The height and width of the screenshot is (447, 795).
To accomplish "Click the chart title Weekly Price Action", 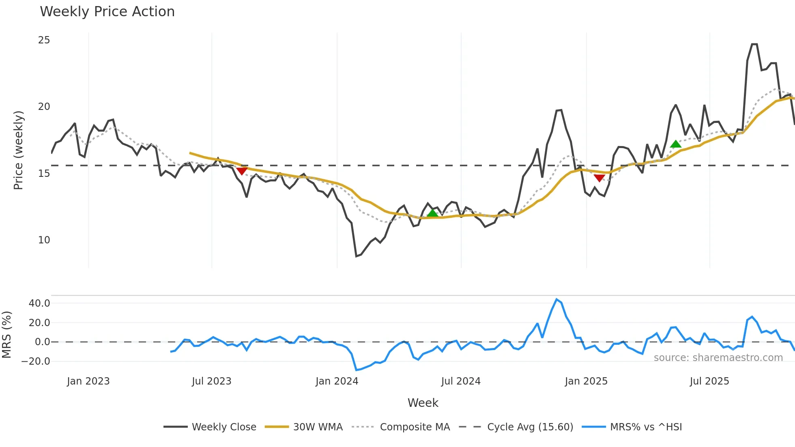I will pos(107,12).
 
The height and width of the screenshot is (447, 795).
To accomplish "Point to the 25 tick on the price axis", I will pos(44,40).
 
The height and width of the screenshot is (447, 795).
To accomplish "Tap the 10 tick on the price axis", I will pos(44,240).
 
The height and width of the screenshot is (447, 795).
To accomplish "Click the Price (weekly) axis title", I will pos(18,150).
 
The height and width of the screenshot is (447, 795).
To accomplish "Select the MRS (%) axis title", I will pos(6,335).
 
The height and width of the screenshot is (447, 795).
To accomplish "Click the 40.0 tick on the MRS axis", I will pos(39,303).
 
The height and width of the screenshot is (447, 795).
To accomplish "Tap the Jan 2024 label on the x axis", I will pos(337,381).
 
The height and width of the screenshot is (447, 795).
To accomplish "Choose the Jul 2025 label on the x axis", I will pos(709,381).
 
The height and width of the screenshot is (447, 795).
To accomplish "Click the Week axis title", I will pos(423,403).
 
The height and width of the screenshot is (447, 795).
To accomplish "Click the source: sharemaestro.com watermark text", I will pos(718,358).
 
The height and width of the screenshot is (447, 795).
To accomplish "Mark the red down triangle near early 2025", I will pos(599,178).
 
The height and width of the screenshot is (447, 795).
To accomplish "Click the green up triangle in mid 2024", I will pos(432,213).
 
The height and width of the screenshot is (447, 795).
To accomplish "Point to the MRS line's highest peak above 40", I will pos(556,299).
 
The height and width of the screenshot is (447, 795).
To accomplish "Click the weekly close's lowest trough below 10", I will pos(356,256).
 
